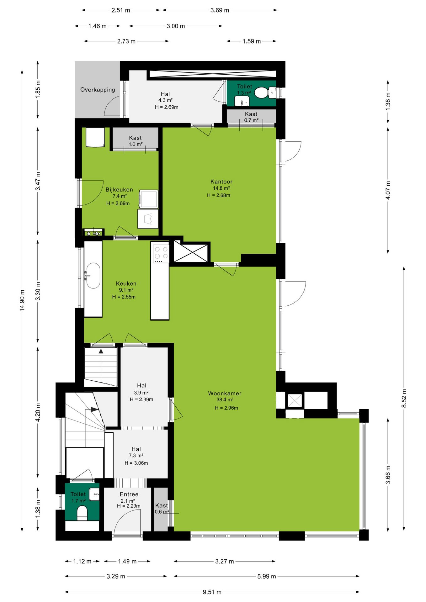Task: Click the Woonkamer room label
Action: tap(225, 393)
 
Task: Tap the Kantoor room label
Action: tap(221, 182)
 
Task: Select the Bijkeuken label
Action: tap(119, 190)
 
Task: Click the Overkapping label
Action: tap(98, 90)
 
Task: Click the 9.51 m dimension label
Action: tap(212, 592)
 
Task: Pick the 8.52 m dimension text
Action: tap(404, 399)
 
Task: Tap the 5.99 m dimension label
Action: tap(267, 576)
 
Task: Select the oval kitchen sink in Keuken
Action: tap(93, 276)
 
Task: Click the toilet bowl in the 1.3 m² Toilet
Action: tap(261, 93)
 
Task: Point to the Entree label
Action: tap(129, 494)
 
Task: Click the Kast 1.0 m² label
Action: tap(135, 141)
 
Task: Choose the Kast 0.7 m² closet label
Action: tap(251, 117)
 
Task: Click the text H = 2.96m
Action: tap(226, 408)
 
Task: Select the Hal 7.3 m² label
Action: tap(136, 452)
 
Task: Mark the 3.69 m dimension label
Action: tap(220, 10)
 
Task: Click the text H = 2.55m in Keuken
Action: tap(124, 297)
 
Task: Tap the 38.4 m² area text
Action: tap(225, 400)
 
